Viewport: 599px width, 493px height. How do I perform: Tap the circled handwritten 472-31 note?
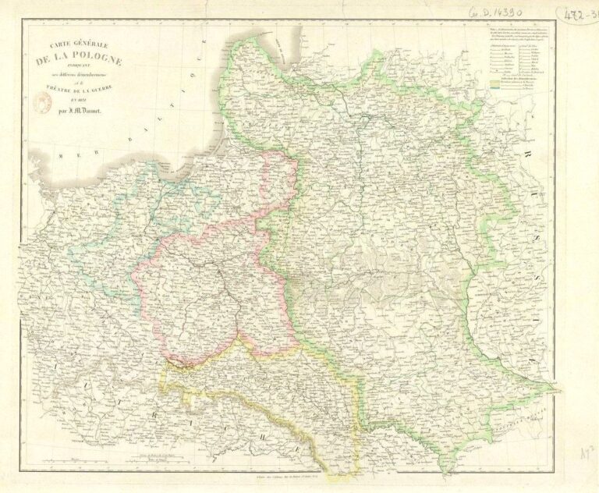coord(577,14)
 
